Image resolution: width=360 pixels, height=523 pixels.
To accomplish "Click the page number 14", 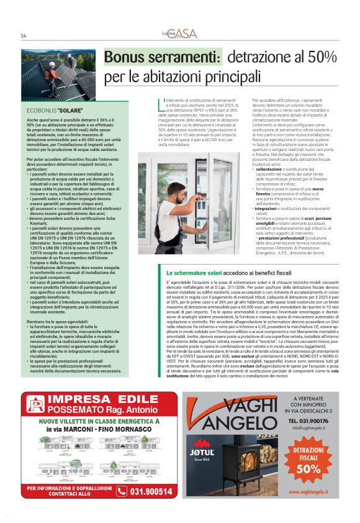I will (23, 35).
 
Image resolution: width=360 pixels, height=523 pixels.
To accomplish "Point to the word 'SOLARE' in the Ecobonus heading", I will (71, 110).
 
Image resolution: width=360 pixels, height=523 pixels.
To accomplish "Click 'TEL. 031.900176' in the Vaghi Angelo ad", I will (308, 421).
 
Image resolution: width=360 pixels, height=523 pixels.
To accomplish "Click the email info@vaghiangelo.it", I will (308, 427).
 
